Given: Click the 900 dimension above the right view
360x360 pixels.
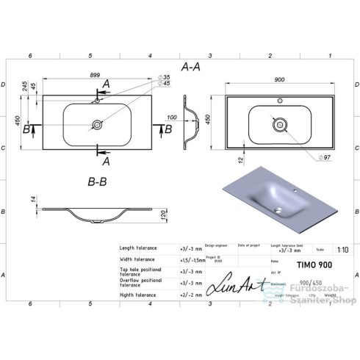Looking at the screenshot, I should click(280, 79).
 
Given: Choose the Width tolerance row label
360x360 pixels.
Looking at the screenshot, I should click(138, 260).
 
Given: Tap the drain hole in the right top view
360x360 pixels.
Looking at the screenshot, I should click(280, 125).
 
